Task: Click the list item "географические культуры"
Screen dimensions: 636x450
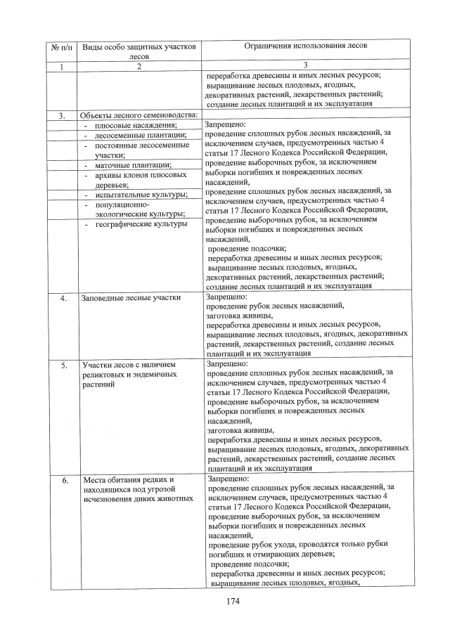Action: coord(141,224)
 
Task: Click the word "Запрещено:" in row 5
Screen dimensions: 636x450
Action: coord(228,364)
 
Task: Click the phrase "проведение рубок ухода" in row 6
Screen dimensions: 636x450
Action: coord(257,544)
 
